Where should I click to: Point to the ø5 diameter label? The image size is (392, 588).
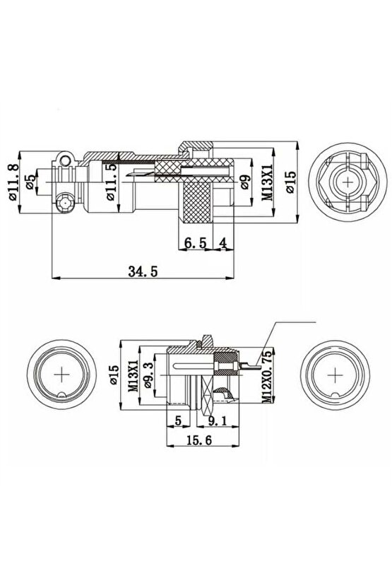click(30, 183)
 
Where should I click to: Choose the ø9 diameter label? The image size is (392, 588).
click(244, 182)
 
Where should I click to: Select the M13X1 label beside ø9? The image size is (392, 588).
click(267, 183)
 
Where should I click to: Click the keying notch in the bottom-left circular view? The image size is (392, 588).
click(64, 396)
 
